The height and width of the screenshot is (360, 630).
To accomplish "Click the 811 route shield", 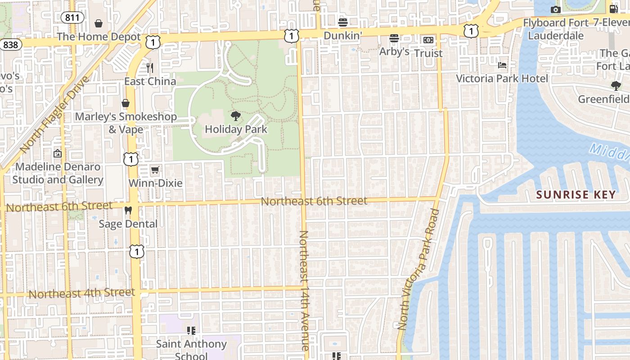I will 72,18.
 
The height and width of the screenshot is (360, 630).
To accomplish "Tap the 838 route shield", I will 10,45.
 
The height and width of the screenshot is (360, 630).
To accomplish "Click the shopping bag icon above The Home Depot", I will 99,23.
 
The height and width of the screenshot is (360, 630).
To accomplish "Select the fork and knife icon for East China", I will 150,68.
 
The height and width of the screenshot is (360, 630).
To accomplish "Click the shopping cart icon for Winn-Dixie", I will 155,170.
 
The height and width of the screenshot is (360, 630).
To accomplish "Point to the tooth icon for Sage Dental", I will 128,210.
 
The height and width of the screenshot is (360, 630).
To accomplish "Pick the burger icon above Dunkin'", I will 343,22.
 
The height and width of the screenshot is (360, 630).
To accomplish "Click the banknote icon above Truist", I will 428,40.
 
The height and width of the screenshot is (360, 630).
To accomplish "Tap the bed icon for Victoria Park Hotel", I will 502,65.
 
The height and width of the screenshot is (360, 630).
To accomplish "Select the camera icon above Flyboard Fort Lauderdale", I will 555,9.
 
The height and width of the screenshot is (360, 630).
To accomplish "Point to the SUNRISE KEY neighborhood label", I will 576,195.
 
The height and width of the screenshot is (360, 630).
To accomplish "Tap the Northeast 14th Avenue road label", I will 304,290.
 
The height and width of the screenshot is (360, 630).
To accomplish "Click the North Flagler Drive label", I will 55,114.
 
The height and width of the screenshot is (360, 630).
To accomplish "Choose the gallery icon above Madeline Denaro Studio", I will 58,153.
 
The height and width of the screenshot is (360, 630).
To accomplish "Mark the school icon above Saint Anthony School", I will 191,331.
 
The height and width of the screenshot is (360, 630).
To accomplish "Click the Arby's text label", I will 394,52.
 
